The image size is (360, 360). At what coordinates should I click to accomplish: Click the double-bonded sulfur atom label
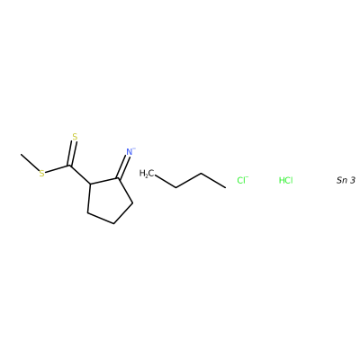(x=75, y=137)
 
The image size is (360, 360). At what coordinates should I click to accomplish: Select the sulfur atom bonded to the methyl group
(x=41, y=174)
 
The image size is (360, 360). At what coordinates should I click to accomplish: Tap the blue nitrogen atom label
(x=130, y=152)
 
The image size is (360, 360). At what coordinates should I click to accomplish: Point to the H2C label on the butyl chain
(x=147, y=174)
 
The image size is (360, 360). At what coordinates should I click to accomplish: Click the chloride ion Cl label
(x=241, y=180)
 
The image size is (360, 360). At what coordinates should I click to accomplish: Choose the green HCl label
(x=286, y=180)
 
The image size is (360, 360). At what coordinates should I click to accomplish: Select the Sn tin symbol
(x=342, y=180)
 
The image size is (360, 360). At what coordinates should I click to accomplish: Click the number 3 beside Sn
(x=353, y=180)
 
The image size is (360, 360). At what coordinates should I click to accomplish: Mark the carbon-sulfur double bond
(x=72, y=153)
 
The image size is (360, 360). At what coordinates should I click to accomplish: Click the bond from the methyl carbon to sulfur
(x=30, y=163)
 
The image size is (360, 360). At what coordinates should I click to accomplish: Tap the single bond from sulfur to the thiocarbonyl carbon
(x=58, y=169)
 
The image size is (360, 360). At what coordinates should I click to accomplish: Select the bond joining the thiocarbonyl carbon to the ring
(x=80, y=175)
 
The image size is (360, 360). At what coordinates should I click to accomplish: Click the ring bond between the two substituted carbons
(x=104, y=181)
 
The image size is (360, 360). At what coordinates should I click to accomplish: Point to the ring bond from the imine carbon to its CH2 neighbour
(x=125, y=191)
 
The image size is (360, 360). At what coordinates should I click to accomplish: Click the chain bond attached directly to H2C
(x=166, y=181)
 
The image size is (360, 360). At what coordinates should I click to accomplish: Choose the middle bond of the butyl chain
(x=188, y=181)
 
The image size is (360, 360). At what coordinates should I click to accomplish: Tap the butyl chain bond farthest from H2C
(x=213, y=181)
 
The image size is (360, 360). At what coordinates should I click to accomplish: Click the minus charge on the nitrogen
(x=134, y=148)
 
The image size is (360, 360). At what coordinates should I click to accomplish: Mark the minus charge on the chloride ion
(x=247, y=177)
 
